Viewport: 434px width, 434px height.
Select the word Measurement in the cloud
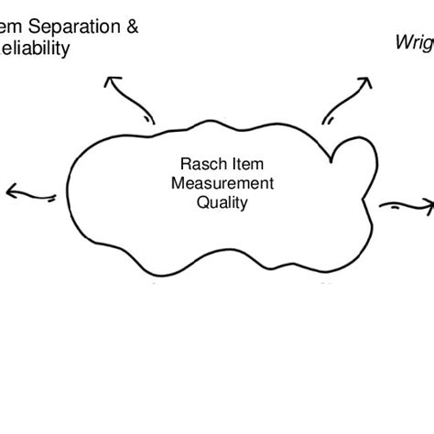(x=222, y=184)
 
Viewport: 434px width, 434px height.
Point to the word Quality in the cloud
(x=222, y=202)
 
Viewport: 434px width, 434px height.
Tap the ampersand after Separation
(x=133, y=27)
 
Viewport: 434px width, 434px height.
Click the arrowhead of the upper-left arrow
(x=113, y=84)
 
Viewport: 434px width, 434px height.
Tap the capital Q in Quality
(x=202, y=202)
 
